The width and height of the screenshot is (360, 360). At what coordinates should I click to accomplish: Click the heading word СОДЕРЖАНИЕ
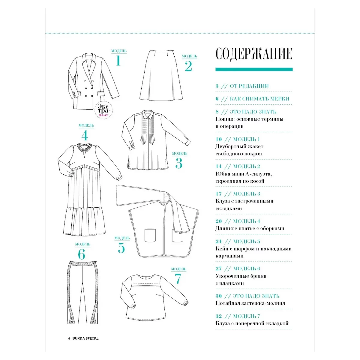pos(254,54)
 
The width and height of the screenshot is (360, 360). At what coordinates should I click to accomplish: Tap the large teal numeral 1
pos(118,61)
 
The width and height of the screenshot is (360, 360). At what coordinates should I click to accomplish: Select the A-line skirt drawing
pos(161,76)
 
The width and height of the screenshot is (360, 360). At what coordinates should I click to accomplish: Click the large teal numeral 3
pos(179,163)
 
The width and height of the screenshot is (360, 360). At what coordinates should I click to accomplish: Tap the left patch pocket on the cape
pos(151,235)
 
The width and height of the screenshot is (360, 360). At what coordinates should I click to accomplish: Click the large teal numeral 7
pos(178,279)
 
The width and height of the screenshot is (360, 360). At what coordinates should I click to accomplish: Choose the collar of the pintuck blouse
pos(148,114)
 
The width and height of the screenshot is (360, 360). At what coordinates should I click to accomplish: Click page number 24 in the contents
pos(218,241)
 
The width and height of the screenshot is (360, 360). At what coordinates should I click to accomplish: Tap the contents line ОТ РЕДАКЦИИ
pos(249,86)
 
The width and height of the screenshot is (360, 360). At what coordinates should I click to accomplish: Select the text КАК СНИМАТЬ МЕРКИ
pos(259,99)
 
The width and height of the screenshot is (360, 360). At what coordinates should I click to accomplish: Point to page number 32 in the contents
pos(218,316)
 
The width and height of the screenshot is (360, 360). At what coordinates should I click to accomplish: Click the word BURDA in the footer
pos(79,338)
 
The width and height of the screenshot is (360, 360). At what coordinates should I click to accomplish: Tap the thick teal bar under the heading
pos(254,69)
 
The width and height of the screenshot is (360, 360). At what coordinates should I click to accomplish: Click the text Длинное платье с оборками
pos(250,229)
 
